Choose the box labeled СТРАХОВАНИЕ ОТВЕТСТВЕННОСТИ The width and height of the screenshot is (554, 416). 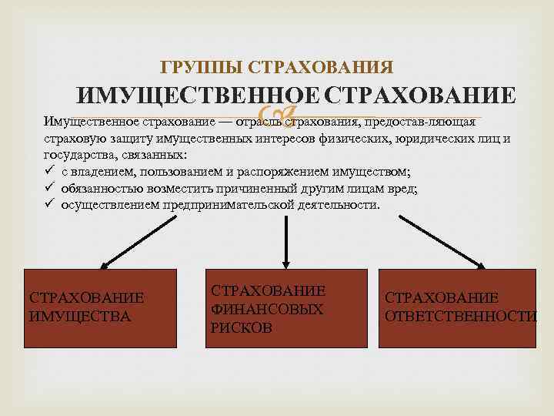coord(460,307)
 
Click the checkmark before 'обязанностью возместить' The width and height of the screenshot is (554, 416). coord(48,188)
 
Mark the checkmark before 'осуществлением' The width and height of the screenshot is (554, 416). coord(48,205)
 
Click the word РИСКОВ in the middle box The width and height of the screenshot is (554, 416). coord(241,327)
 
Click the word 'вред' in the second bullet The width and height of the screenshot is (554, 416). coord(402,188)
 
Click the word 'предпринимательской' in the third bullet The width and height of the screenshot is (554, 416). coord(232,205)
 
